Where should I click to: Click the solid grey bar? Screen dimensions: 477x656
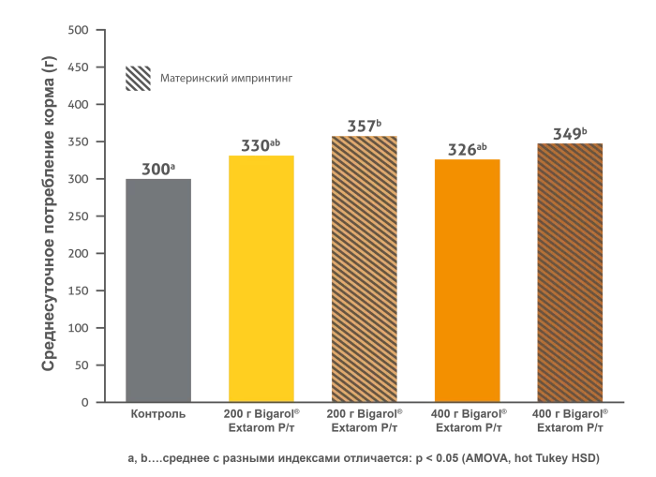pyautogui.click(x=157, y=286)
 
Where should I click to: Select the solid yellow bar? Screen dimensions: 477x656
pyautogui.click(x=262, y=276)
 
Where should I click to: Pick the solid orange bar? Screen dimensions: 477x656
pyautogui.click(x=466, y=279)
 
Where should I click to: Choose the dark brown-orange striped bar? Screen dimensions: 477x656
pyautogui.click(x=570, y=272)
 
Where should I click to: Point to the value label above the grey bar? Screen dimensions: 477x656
pyautogui.click(x=159, y=167)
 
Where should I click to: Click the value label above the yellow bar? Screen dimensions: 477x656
pyautogui.click(x=261, y=143)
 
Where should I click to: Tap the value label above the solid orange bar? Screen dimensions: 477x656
pyautogui.click(x=465, y=150)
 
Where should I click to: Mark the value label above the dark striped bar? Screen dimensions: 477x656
pyautogui.click(x=568, y=134)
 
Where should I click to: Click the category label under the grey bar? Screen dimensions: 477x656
pyautogui.click(x=157, y=411)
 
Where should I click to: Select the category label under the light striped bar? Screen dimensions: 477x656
pyautogui.click(x=364, y=419)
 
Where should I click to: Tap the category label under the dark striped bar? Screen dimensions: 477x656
pyautogui.click(x=573, y=419)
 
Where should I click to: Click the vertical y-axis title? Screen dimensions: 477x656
pyautogui.click(x=49, y=214)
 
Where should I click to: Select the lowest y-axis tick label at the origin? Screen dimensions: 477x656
pyautogui.click(x=82, y=405)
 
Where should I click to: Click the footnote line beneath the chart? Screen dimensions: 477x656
pyautogui.click(x=363, y=457)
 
